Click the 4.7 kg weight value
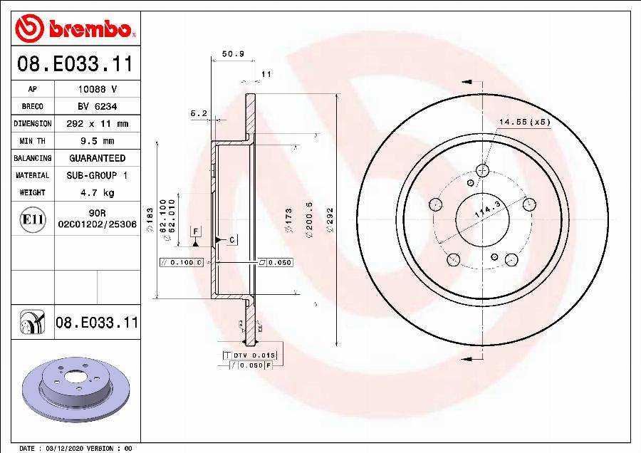pyautogui.click(x=97, y=192)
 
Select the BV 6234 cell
pyautogui.click(x=97, y=106)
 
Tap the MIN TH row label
pyautogui.click(x=32, y=141)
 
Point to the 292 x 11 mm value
pyautogui.click(x=97, y=124)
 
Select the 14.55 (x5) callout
pyautogui.click(x=524, y=122)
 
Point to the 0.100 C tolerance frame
pyautogui.click(x=182, y=263)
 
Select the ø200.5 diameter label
pyautogui.click(x=309, y=217)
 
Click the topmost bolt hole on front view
pyautogui.click(x=483, y=170)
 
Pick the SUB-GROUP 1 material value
pyautogui.click(x=97, y=175)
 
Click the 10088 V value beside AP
pyautogui.click(x=97, y=89)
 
